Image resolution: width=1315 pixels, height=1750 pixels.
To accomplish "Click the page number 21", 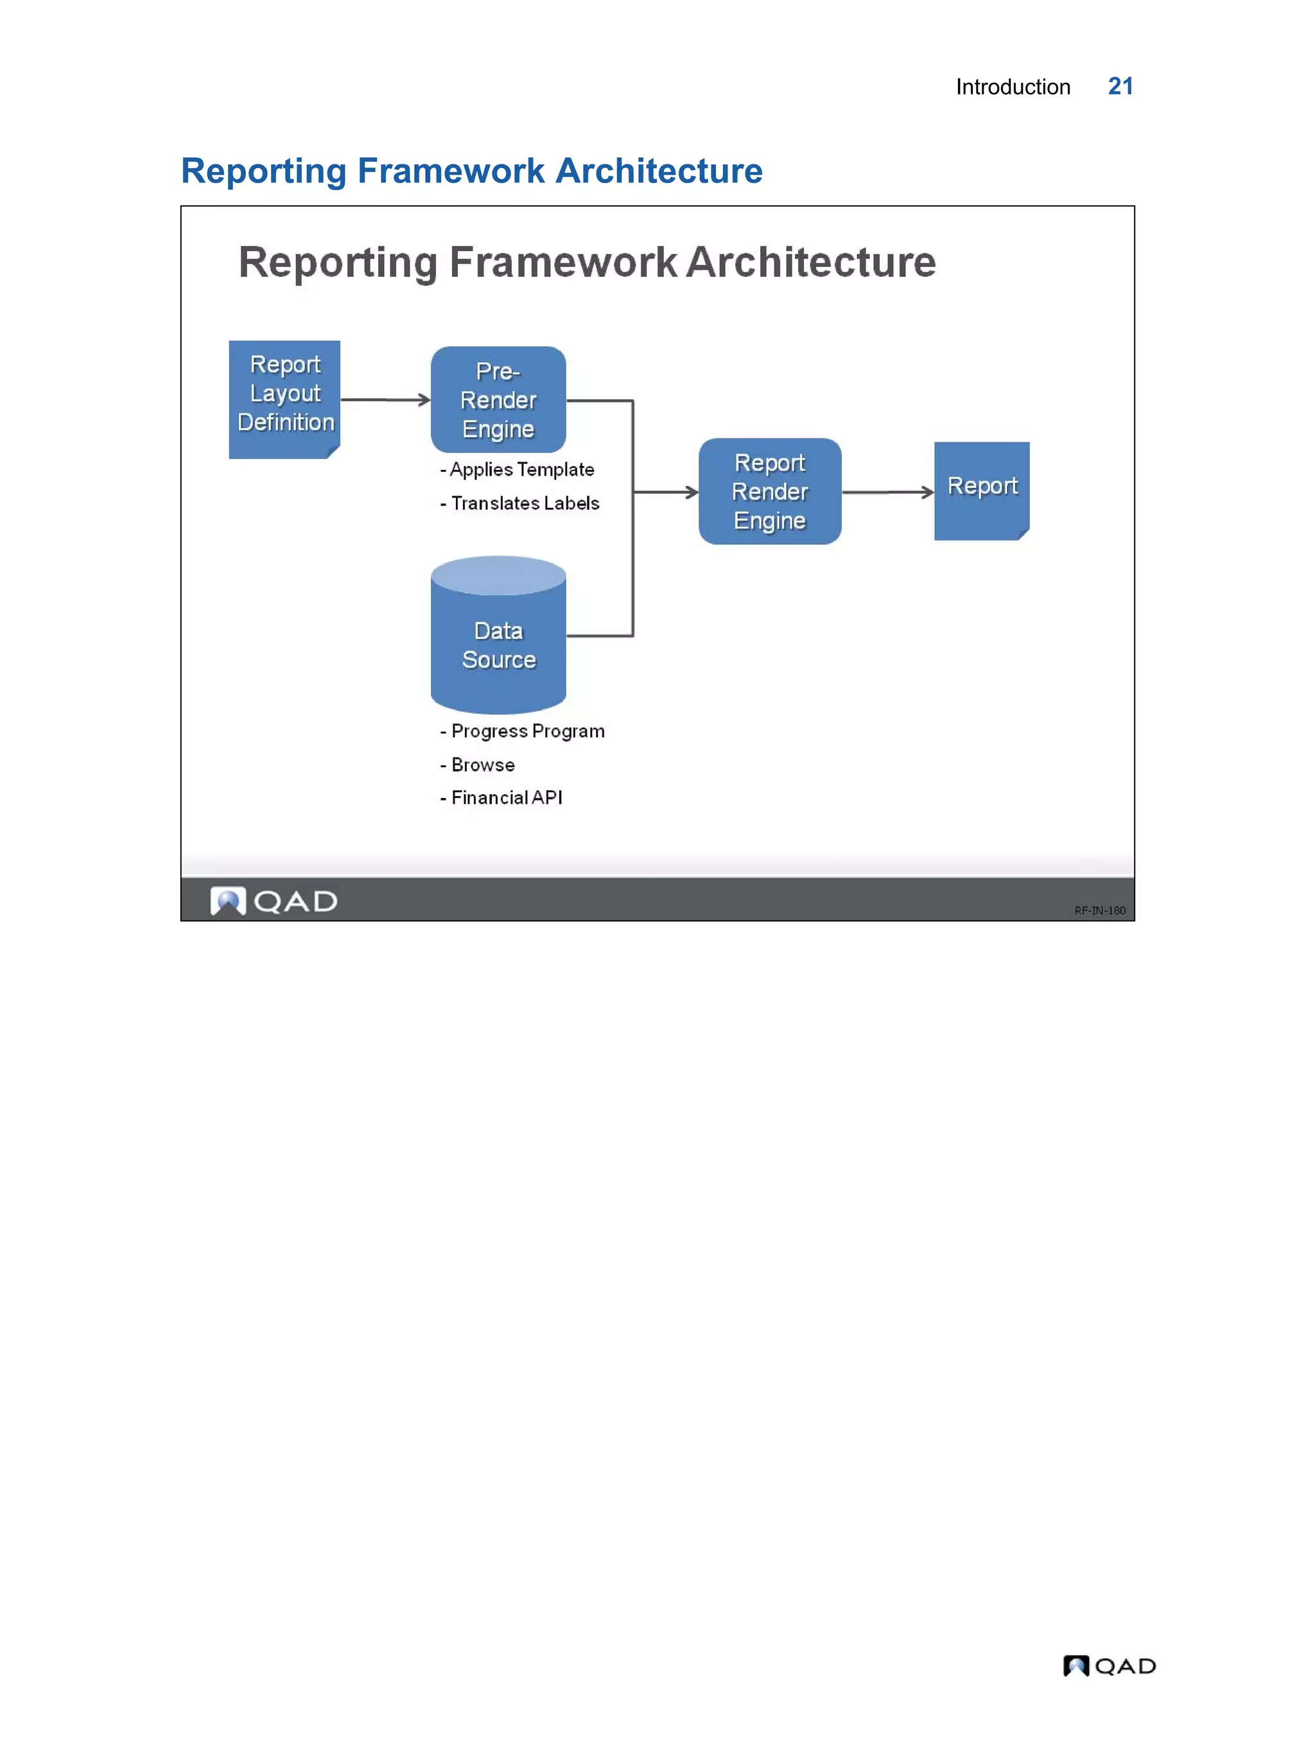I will [1120, 86].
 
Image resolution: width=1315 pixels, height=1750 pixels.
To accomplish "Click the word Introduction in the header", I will [1012, 87].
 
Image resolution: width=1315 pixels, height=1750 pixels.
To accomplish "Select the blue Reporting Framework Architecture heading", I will [471, 171].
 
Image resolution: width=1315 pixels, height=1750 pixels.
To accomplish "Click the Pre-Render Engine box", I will [498, 399].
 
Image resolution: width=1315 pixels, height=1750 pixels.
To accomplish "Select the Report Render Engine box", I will [769, 491].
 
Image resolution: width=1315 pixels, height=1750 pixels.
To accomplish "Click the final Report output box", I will [981, 490].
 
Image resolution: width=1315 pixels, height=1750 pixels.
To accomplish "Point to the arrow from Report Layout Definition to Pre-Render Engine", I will [385, 399].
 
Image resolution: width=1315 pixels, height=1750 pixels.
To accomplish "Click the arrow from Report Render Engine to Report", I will [888, 492].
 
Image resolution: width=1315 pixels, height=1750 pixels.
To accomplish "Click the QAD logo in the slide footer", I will [274, 901].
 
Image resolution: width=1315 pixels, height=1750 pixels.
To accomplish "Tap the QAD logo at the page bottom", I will [1108, 1665].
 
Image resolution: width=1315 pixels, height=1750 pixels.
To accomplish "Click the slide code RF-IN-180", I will [1099, 910].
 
